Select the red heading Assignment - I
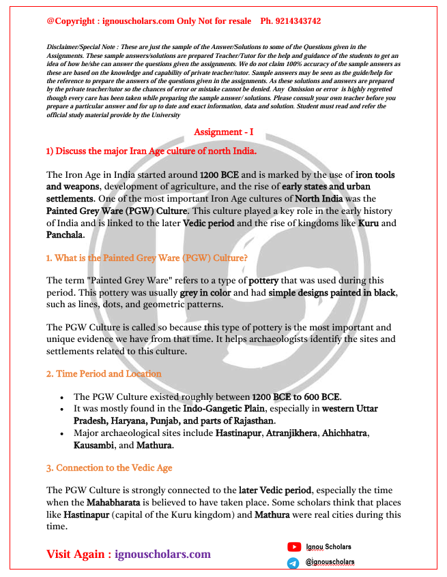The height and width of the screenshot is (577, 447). tap(223, 131)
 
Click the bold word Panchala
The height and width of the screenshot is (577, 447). tap(66, 234)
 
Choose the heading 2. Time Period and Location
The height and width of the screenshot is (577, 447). tap(104, 373)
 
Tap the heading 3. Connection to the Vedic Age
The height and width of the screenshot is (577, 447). tap(109, 468)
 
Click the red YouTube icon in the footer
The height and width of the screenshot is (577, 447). tap(294, 546)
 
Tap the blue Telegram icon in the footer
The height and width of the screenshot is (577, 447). tap(293, 563)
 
